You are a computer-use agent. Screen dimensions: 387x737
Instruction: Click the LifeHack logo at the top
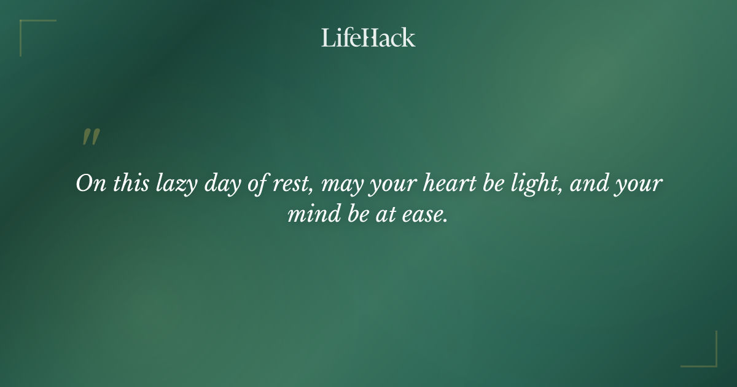(x=368, y=37)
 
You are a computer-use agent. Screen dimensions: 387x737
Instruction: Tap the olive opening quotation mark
(x=91, y=137)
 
